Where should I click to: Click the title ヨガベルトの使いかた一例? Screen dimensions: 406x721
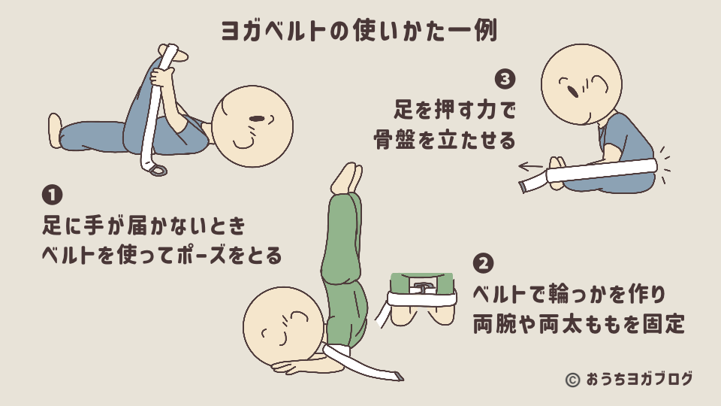tap(360, 30)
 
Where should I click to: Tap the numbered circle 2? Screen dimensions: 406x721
tap(484, 263)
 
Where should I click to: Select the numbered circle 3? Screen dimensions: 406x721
tap(505, 78)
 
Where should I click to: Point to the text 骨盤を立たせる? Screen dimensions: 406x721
tap(445, 140)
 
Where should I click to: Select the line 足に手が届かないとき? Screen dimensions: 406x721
tap(143, 226)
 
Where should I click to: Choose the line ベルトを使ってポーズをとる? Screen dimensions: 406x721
tap(161, 256)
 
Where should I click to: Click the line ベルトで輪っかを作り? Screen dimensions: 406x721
tap(569, 292)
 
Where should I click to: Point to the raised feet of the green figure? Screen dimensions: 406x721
tap(347, 176)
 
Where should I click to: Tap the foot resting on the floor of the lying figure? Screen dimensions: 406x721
tap(55, 130)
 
